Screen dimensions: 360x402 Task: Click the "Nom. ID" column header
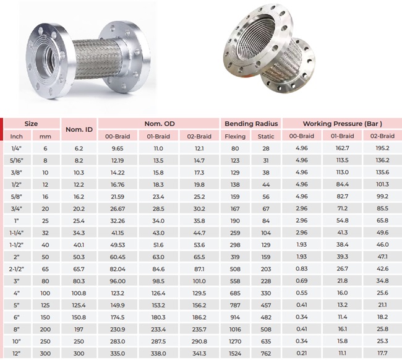click(79, 129)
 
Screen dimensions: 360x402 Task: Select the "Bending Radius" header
click(252, 123)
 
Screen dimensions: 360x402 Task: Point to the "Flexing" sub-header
click(236, 136)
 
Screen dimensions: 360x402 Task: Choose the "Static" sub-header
click(267, 136)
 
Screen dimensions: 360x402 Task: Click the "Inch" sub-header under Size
click(17, 136)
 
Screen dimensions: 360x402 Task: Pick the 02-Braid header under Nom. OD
click(200, 136)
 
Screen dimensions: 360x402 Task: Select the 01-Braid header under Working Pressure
click(342, 136)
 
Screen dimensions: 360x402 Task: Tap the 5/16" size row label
click(17, 160)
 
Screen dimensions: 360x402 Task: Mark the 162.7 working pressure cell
click(342, 148)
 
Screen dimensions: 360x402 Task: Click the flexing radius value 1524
click(236, 353)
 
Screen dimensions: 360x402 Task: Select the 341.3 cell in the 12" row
click(200, 353)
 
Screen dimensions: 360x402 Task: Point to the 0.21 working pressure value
click(302, 353)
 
